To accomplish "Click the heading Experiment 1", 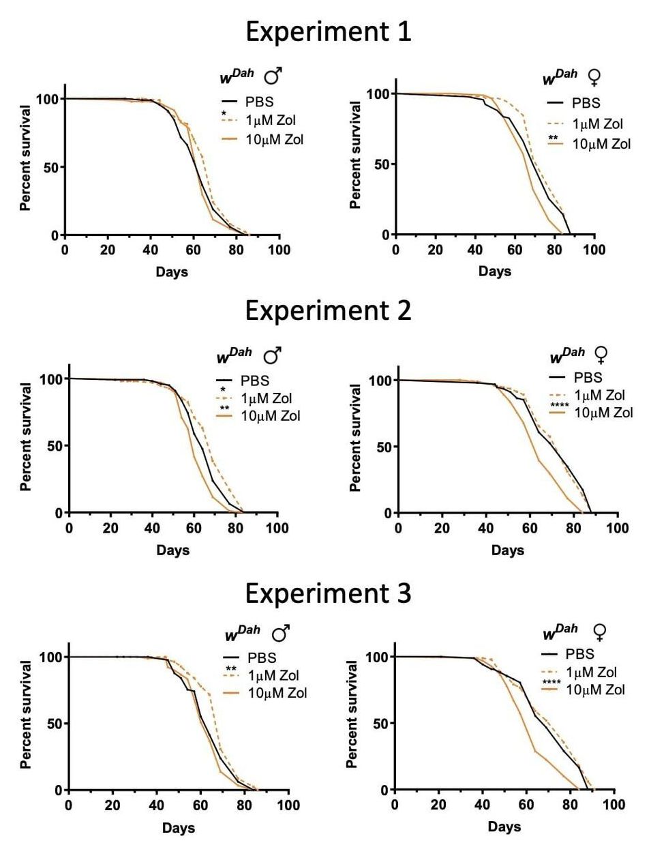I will [328, 32].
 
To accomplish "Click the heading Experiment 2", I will [328, 311].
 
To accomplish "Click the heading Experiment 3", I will [328, 594].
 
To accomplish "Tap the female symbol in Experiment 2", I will [601, 355].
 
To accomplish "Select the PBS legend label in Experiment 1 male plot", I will [259, 102].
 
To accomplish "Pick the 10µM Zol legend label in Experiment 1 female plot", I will [601, 144].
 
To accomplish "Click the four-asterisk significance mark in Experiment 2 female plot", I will [559, 407].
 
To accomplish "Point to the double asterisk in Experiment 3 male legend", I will [231, 669].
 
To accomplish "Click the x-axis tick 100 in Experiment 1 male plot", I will [279, 250].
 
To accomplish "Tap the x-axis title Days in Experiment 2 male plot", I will [172, 550].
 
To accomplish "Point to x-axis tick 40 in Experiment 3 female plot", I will [483, 805].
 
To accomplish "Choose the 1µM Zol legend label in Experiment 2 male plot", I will [267, 398].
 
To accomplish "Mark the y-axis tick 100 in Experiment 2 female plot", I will [380, 381].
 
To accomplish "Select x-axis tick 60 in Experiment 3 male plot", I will [200, 805].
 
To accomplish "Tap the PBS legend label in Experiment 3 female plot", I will [580, 654].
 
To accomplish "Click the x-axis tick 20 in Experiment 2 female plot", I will [442, 528].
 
